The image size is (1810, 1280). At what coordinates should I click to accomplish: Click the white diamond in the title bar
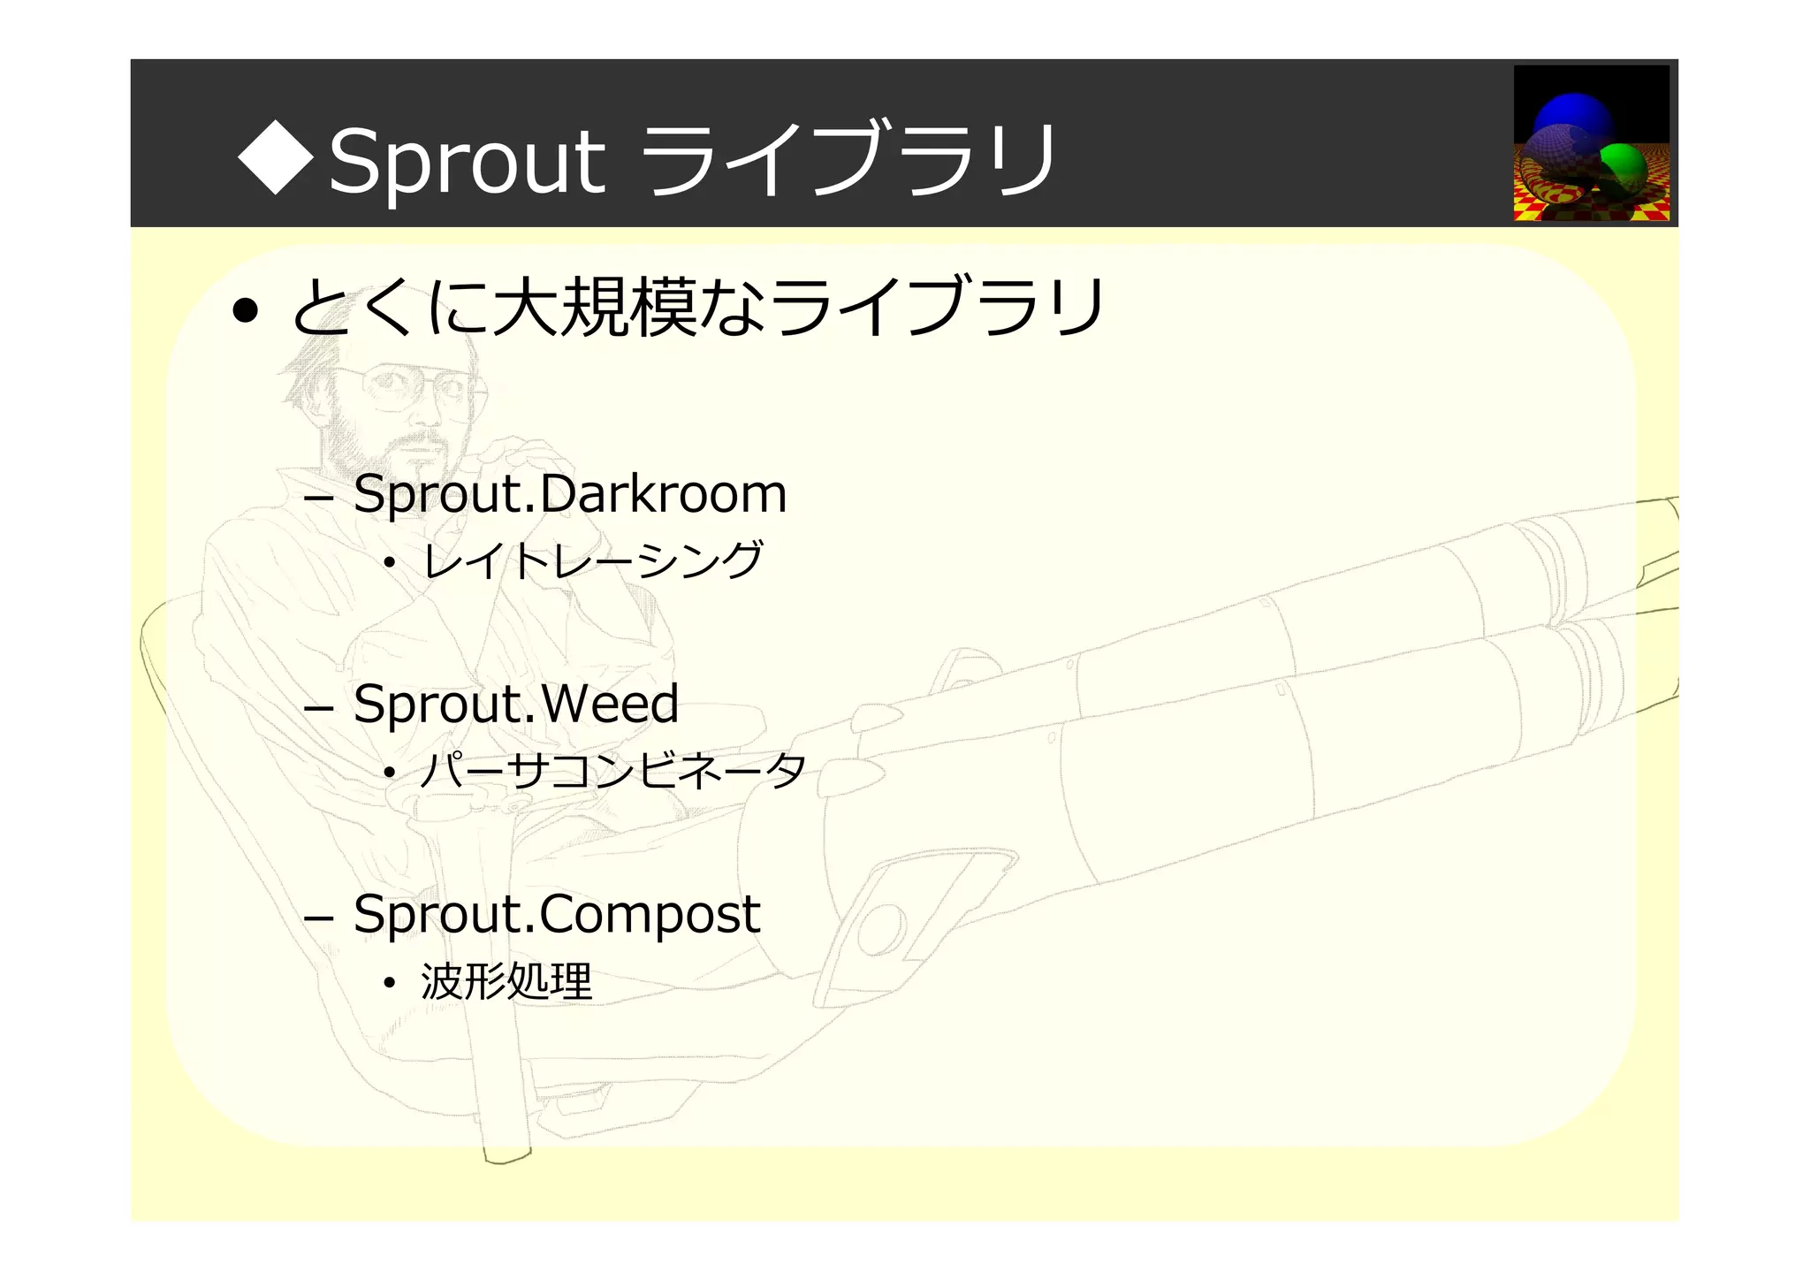(x=277, y=159)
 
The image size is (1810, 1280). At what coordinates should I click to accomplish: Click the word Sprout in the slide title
(x=467, y=162)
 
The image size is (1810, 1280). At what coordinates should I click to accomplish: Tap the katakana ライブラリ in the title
(x=846, y=159)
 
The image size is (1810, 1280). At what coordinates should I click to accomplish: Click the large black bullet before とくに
(x=246, y=311)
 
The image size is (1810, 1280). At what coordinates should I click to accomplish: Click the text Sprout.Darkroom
(x=569, y=493)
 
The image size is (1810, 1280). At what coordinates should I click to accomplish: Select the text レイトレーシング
(x=592, y=560)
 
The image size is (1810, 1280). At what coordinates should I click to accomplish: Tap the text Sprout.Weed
(x=515, y=704)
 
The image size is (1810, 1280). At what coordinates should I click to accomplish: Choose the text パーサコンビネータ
(x=612, y=771)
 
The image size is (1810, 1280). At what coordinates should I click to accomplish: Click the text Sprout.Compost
(x=556, y=914)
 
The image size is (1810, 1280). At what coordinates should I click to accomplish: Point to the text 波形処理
(x=506, y=981)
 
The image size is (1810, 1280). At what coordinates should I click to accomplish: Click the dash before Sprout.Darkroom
(x=317, y=499)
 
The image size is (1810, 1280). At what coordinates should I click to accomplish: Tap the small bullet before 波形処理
(x=389, y=983)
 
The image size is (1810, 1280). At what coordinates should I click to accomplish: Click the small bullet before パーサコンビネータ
(x=389, y=773)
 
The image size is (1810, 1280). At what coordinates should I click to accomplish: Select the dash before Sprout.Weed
(x=317, y=709)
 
